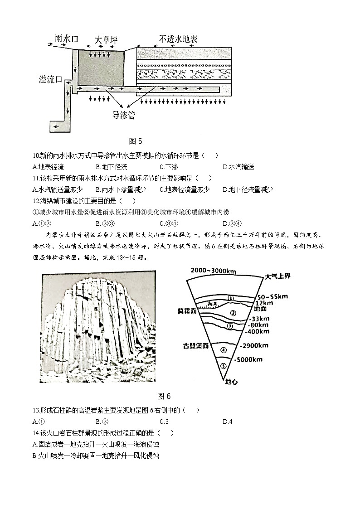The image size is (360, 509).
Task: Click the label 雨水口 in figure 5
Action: [67, 39]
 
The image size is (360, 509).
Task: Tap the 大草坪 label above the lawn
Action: [106, 40]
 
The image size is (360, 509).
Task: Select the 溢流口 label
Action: [50, 80]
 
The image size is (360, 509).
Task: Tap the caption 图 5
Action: [136, 141]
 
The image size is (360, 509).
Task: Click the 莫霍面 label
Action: [187, 312]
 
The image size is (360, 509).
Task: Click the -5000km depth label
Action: [249, 360]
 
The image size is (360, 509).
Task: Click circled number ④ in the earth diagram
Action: [222, 349]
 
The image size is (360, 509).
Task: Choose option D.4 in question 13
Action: [228, 422]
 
